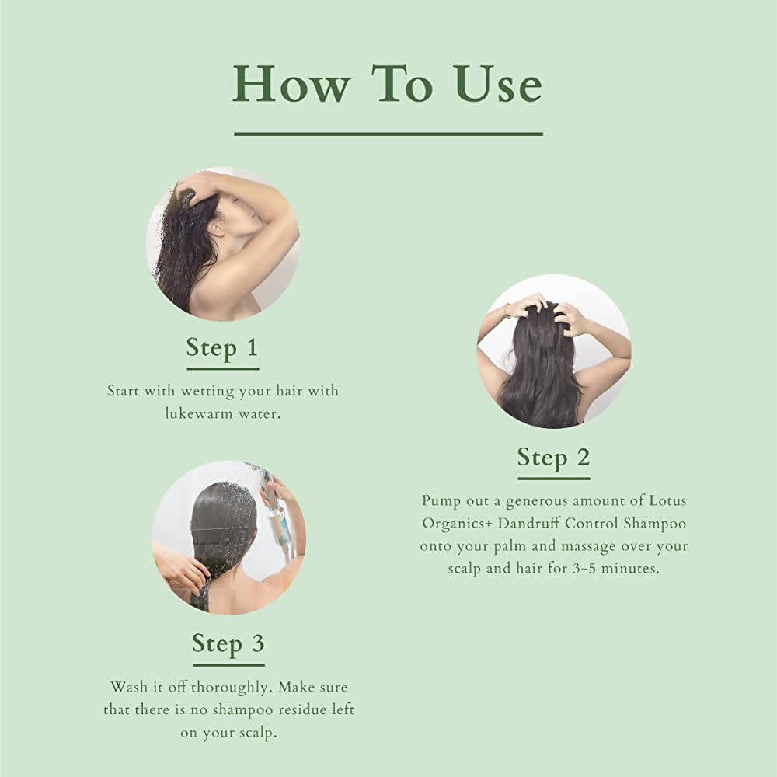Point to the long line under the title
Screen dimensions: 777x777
tap(388, 134)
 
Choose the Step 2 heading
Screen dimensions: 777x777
tap(553, 457)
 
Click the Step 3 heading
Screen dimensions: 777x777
tap(228, 643)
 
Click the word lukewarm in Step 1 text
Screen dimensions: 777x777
tap(197, 413)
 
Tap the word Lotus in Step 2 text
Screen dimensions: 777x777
tap(668, 500)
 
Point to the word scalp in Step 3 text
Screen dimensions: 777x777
tap(256, 733)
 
